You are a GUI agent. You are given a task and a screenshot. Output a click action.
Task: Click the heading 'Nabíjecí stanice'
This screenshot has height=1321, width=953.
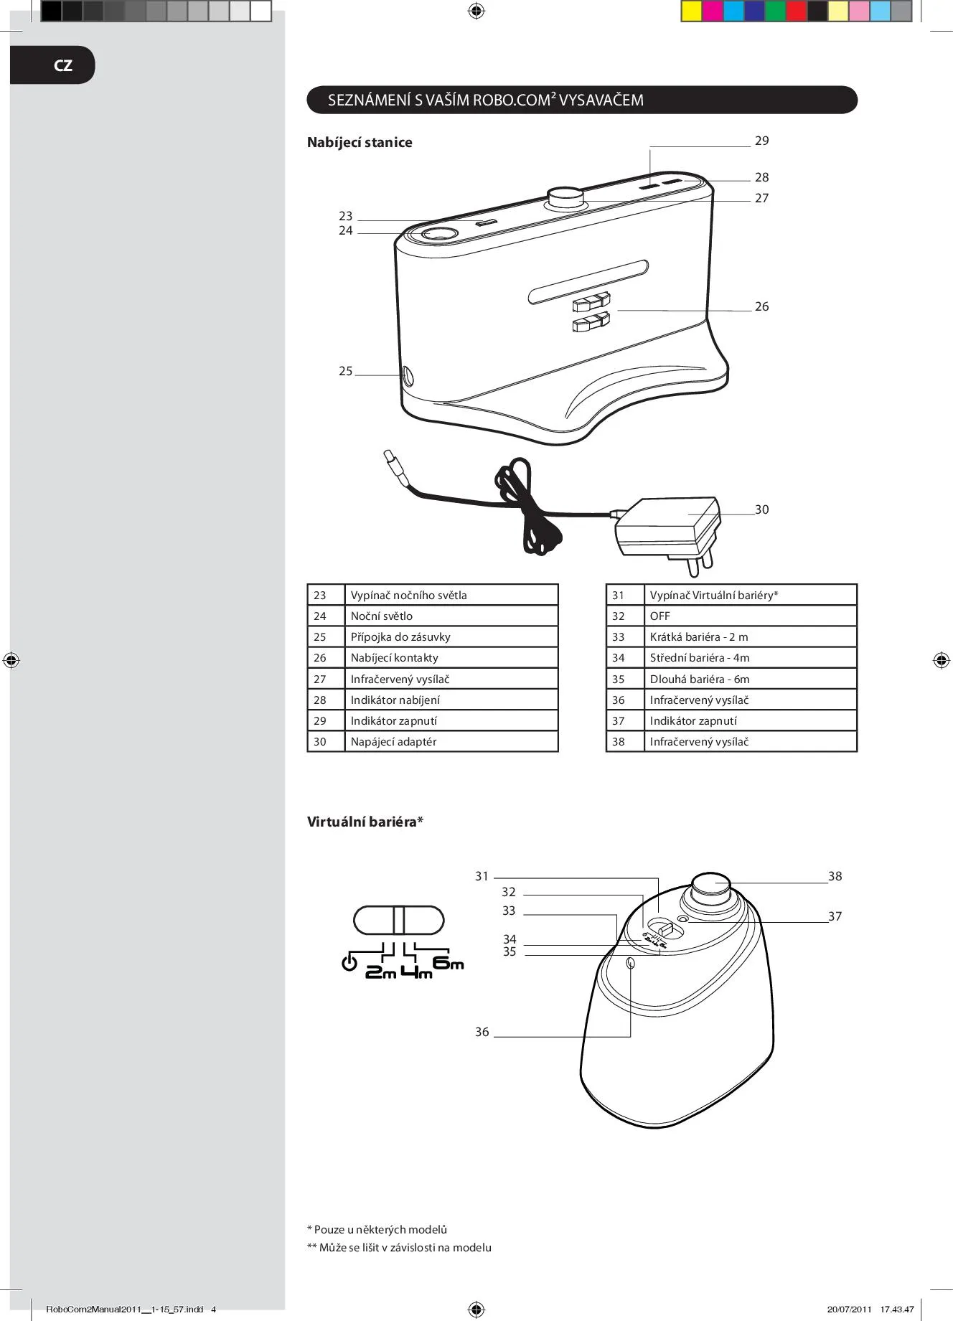tap(360, 142)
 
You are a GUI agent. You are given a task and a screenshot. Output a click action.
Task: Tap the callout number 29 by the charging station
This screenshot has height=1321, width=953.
tap(761, 141)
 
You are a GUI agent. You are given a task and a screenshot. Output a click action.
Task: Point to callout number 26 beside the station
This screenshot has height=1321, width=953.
tap(761, 306)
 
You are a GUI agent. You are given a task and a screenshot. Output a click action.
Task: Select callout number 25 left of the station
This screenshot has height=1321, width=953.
tap(346, 371)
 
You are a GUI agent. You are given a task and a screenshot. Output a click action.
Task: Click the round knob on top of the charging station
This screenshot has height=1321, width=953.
tap(566, 198)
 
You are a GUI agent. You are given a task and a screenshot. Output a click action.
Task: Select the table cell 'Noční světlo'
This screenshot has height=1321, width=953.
tap(382, 616)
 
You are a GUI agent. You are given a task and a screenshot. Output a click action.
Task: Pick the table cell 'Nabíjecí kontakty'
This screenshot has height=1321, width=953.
tap(394, 657)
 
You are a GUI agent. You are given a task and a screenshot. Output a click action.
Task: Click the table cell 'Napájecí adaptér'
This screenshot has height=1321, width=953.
tap(393, 741)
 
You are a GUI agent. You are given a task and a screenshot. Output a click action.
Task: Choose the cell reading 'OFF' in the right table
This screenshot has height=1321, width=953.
tap(659, 616)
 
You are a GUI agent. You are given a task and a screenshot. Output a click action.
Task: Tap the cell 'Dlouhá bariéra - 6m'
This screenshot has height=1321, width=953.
tap(700, 679)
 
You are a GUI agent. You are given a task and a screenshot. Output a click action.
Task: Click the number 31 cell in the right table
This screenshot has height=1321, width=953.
tap(619, 595)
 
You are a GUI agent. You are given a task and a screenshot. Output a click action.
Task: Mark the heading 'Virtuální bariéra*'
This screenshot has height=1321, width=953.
tap(365, 822)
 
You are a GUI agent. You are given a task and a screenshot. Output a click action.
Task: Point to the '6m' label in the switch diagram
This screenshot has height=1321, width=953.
tap(449, 962)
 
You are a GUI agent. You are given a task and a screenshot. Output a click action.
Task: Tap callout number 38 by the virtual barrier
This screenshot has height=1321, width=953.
tap(835, 876)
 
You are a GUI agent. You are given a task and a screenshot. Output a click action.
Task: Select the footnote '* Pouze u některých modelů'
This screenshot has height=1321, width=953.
tap(377, 1229)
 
